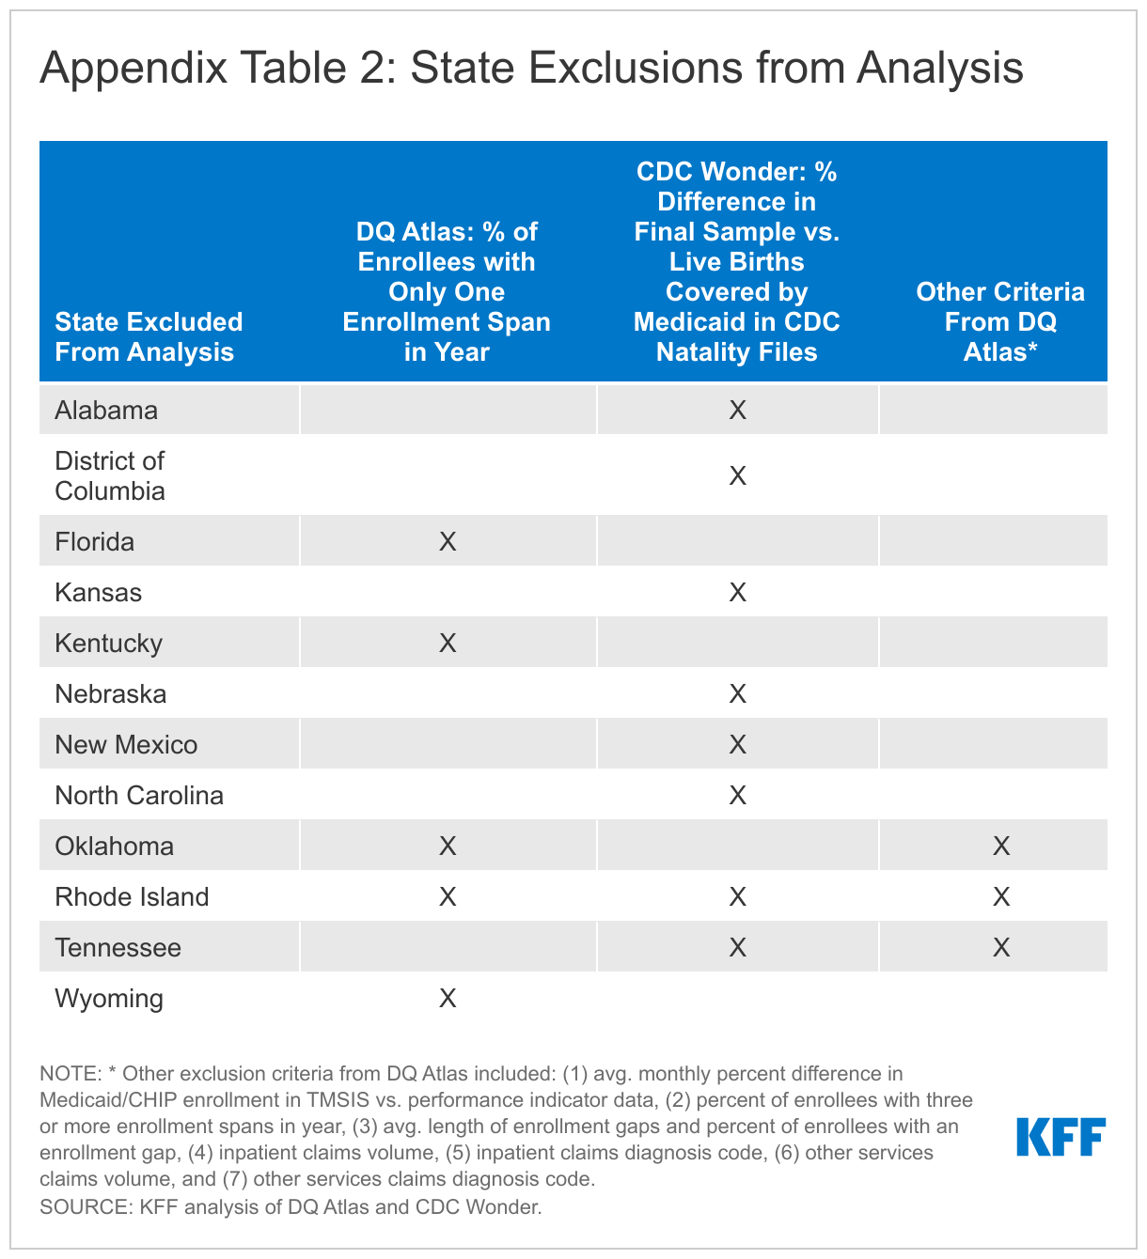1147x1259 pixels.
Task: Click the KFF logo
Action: (x=1061, y=1137)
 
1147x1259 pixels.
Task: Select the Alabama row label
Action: (x=106, y=411)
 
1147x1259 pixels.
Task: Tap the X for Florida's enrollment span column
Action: (x=448, y=542)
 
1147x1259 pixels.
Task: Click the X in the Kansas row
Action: (x=737, y=593)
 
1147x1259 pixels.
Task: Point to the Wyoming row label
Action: (x=109, y=999)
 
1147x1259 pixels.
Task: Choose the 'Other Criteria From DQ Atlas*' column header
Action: (x=1000, y=322)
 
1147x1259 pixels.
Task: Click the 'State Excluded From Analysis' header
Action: (x=149, y=337)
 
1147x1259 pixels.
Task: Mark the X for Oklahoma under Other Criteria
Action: (x=1001, y=847)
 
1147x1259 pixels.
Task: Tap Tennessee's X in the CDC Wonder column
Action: (x=737, y=948)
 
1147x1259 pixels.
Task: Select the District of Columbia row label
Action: (x=110, y=476)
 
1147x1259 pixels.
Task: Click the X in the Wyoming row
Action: (x=448, y=999)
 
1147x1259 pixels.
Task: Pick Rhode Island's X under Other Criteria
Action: (x=1001, y=897)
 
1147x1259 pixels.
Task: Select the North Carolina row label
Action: (x=139, y=796)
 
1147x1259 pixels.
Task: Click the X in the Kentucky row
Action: (x=448, y=644)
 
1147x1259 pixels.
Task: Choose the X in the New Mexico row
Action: (x=737, y=745)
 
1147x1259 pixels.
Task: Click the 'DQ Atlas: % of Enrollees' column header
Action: (x=447, y=292)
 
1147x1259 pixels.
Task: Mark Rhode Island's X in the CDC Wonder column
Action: (x=737, y=897)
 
